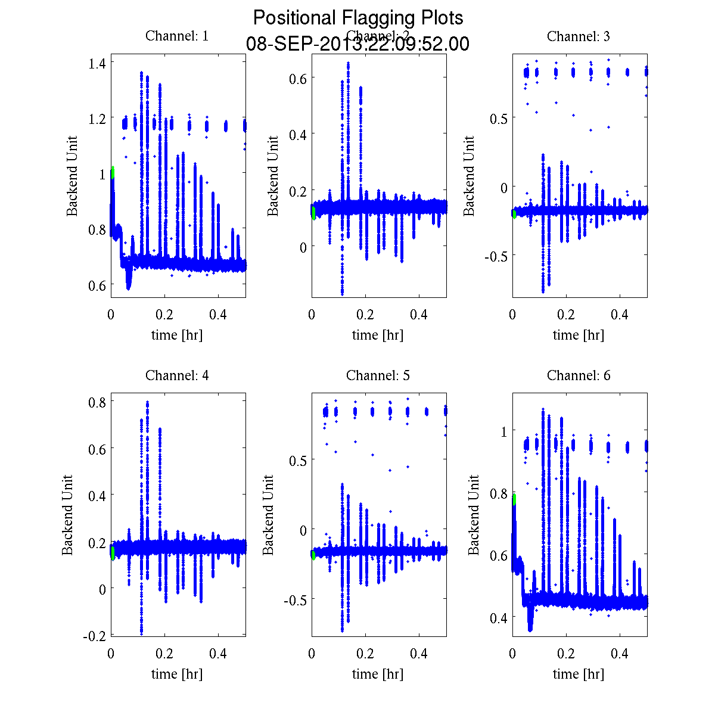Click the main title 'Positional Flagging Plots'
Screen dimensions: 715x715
[357, 18]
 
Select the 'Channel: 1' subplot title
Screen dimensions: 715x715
[177, 36]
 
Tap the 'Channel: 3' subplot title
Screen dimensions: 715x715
[578, 36]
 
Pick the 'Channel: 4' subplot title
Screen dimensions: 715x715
[177, 375]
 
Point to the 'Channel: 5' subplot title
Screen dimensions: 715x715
[378, 375]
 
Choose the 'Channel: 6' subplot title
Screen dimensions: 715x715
[578, 375]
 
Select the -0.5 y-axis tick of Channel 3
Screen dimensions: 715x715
[496, 256]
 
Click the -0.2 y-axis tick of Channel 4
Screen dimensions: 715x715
[95, 636]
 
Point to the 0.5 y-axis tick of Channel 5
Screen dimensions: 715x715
[297, 460]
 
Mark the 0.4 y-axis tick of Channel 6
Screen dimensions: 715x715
[498, 617]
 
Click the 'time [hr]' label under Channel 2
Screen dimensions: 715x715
[378, 335]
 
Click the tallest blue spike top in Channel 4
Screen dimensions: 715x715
[147, 403]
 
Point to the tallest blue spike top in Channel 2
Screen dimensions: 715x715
[348, 63]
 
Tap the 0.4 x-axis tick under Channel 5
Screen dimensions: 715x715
[419, 654]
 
